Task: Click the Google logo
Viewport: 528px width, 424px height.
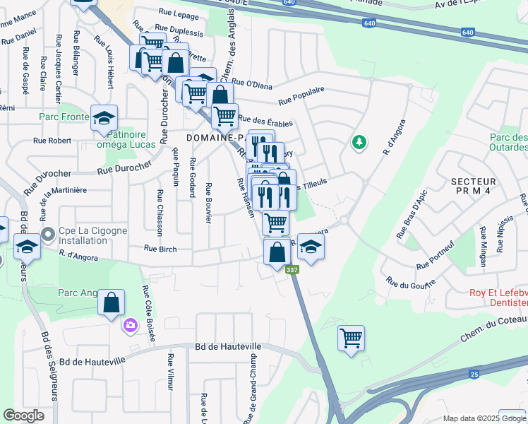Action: tap(23, 416)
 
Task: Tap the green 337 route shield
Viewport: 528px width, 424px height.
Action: tap(291, 270)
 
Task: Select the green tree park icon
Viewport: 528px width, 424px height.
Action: tap(359, 143)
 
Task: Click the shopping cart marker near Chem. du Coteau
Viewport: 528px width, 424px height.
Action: tap(351, 338)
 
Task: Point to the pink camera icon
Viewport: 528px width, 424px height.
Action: tap(131, 325)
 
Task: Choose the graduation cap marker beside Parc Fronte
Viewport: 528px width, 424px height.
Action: tap(104, 118)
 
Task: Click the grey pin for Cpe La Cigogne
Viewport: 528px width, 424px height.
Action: tap(48, 233)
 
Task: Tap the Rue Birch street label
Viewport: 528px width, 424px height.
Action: tap(160, 248)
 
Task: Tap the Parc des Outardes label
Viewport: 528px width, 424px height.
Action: tap(508, 142)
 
